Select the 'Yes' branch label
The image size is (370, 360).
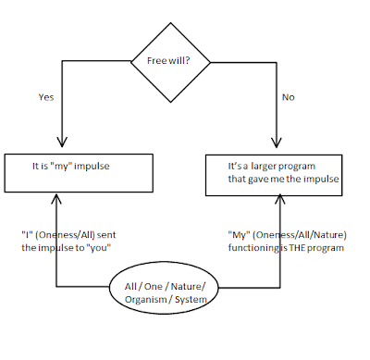tap(47, 95)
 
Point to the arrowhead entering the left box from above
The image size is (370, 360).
tap(61, 146)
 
